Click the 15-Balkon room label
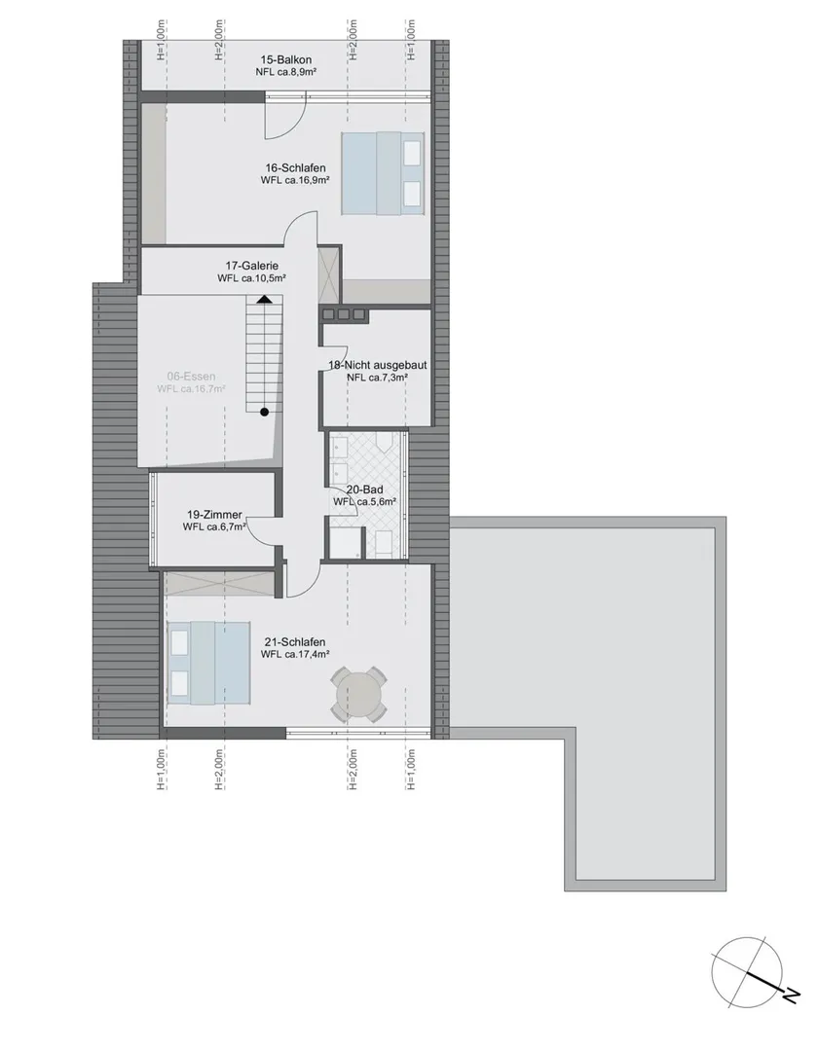coord(285,60)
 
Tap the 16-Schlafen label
coord(295,168)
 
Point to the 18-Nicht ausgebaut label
coord(378,365)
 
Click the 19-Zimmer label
coord(214,515)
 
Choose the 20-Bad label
coord(364,489)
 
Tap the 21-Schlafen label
coord(295,642)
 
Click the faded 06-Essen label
coord(191,377)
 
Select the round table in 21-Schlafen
coord(358,694)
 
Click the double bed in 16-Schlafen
coord(383,173)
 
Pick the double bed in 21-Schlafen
coord(209,663)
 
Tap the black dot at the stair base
coord(265,413)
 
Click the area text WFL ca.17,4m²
coord(295,654)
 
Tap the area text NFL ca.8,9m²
coord(285,72)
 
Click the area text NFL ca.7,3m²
coord(378,378)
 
